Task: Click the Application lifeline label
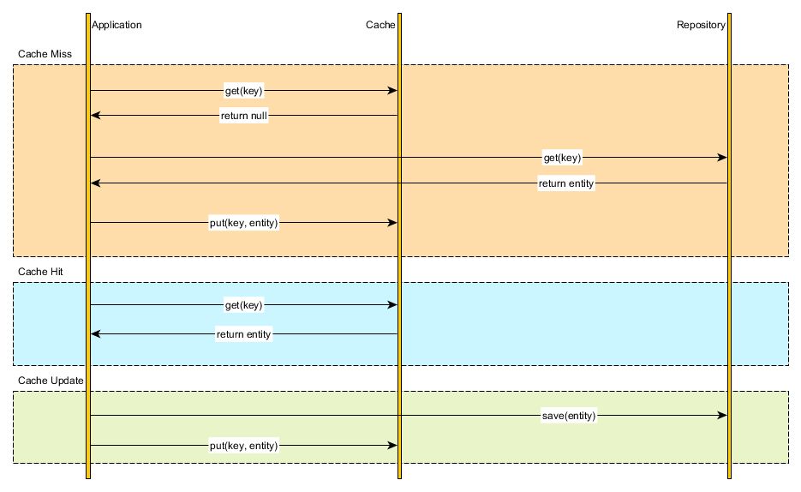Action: [117, 25]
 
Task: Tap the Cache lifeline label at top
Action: [380, 25]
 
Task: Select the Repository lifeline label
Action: [701, 25]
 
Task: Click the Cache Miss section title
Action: [44, 54]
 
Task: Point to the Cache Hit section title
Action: [40, 272]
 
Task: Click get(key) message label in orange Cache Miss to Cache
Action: [244, 91]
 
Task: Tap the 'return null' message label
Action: [244, 116]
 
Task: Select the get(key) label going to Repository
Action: [563, 158]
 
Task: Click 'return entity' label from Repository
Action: [566, 183]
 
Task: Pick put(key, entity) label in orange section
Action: [244, 223]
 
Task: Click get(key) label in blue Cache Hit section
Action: [244, 305]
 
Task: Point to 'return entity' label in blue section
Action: [244, 333]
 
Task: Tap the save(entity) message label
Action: [569, 416]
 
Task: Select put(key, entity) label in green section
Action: [244, 446]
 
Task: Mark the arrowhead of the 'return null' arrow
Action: [96, 116]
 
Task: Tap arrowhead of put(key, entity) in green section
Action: [392, 446]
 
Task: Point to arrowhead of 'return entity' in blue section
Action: [96, 333]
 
